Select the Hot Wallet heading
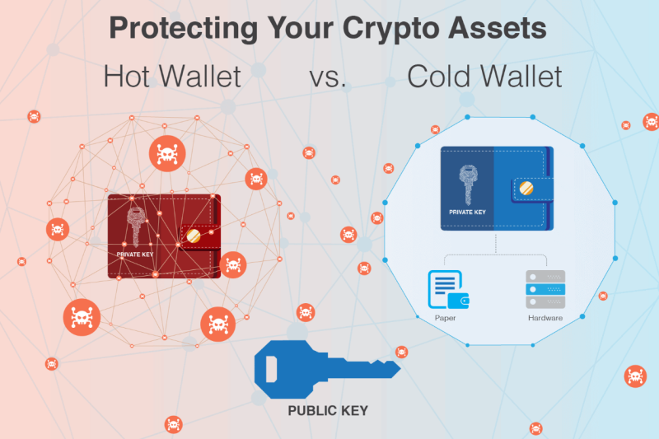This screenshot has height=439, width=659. point(172,77)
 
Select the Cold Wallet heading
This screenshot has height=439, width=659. point(484,77)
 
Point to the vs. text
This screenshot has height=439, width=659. point(328,78)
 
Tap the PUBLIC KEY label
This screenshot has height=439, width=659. point(328,410)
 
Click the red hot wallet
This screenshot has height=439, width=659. point(164,236)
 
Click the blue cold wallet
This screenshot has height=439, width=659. point(497,189)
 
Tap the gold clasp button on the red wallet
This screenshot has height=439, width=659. point(194,236)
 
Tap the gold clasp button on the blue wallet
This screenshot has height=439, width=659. point(526,189)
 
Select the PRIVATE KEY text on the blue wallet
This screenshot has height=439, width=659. point(467,212)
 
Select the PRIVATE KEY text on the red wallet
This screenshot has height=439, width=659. point(135,255)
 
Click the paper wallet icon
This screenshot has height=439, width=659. point(448,289)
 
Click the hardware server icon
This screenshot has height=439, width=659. point(545,289)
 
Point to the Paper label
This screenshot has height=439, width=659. point(445,318)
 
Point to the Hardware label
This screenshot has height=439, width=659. point(545,318)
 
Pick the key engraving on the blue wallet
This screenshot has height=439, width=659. point(468,184)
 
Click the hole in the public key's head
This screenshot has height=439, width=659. point(272,369)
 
